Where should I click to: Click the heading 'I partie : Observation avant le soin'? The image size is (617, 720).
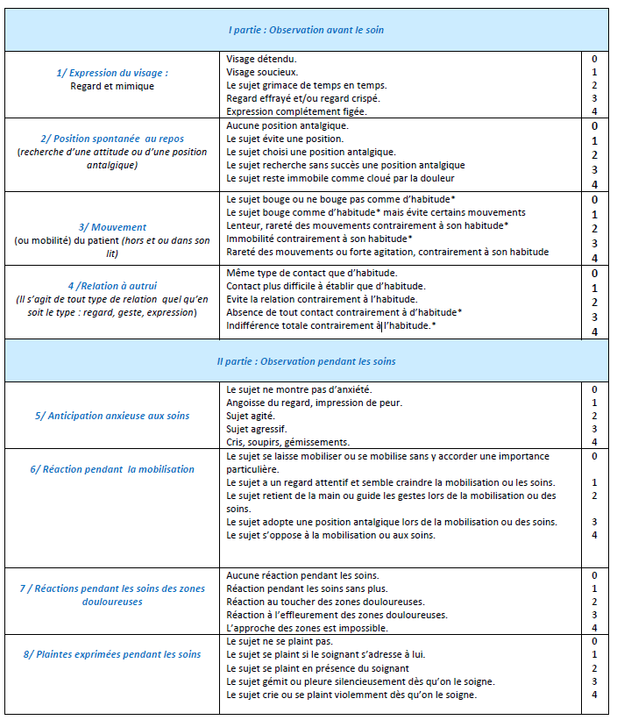coord(306,30)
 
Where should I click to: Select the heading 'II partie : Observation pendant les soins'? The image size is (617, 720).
coord(306,360)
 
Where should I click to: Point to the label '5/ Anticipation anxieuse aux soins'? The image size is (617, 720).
coord(112,415)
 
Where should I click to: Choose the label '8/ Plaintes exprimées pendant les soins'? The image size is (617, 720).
coord(112,653)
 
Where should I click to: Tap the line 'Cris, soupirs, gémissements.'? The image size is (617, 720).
coord(287,441)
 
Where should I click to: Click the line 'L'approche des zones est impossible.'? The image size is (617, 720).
coord(307,627)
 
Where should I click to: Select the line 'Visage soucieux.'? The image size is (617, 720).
coord(262,72)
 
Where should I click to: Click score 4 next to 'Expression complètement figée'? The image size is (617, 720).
coord(594,111)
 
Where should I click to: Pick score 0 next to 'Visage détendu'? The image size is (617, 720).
coord(594,59)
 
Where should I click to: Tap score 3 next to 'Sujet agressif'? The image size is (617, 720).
coord(594,428)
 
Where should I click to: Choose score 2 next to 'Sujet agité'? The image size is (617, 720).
coord(594,415)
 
